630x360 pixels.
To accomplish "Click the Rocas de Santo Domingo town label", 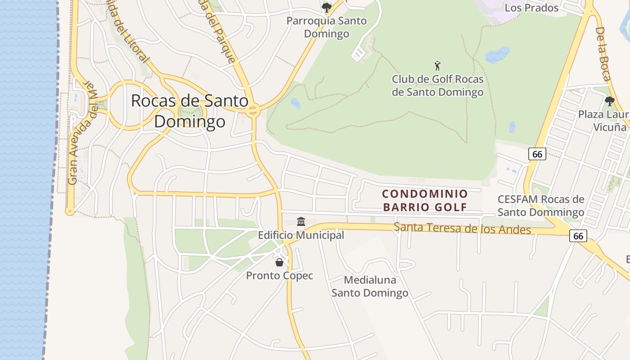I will click(x=189, y=111).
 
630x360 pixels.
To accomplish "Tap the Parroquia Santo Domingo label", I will click(x=327, y=27).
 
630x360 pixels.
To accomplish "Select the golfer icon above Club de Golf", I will click(x=437, y=66).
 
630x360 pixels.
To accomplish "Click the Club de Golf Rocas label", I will click(x=438, y=85).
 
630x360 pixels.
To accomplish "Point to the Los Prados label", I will click(x=531, y=8).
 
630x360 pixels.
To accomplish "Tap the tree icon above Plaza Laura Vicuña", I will click(x=610, y=101).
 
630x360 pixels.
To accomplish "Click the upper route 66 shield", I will click(x=537, y=154).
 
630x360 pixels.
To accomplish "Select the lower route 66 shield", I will click(x=578, y=236).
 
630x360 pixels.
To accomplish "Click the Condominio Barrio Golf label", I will click(x=425, y=200).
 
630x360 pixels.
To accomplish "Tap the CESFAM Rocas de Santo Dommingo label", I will click(x=541, y=206).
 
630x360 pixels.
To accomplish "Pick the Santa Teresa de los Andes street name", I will click(x=462, y=229).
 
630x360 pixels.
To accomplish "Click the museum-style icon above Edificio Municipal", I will click(x=301, y=221).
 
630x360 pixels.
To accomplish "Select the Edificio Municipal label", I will click(x=301, y=235).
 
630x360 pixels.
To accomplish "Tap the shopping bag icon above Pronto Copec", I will click(x=279, y=262).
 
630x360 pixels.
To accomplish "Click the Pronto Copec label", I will click(x=279, y=275).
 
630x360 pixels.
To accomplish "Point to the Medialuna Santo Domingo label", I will click(x=370, y=287).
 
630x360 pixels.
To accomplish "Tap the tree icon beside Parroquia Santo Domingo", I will click(x=327, y=8).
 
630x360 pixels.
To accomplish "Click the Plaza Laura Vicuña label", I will click(x=603, y=121).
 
